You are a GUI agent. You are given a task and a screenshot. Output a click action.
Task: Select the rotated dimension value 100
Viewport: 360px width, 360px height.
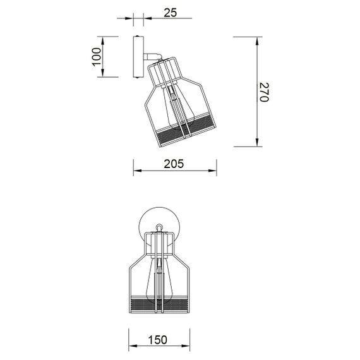(95, 57)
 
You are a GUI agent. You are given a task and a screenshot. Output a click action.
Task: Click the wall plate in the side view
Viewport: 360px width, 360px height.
(138, 57)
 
